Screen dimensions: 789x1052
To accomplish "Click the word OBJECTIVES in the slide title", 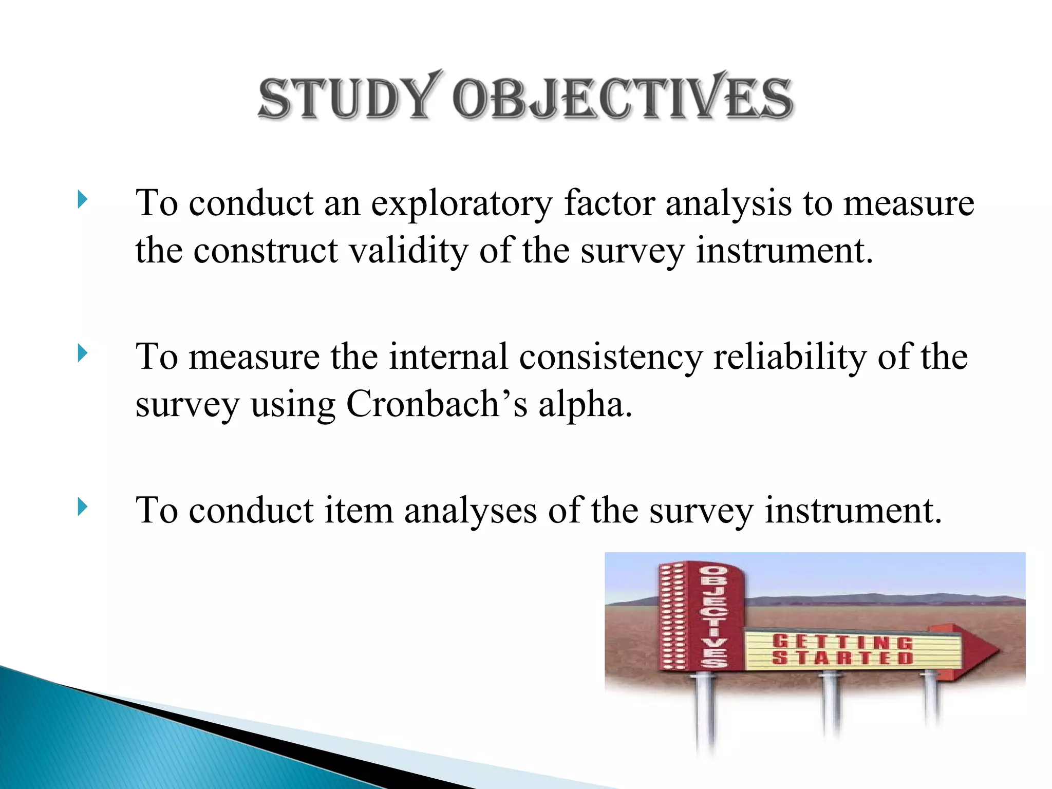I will [623, 98].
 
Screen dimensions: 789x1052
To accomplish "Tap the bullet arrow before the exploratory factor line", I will [83, 199].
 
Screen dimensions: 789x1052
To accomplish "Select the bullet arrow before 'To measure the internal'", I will [83, 353].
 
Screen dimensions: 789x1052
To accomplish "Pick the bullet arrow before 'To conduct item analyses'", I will [83, 507].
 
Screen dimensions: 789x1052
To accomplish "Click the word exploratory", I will [461, 204].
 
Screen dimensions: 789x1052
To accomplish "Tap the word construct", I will [266, 251].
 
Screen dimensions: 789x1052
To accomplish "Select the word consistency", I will [610, 358].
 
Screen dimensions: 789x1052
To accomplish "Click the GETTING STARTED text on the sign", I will [842, 649].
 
